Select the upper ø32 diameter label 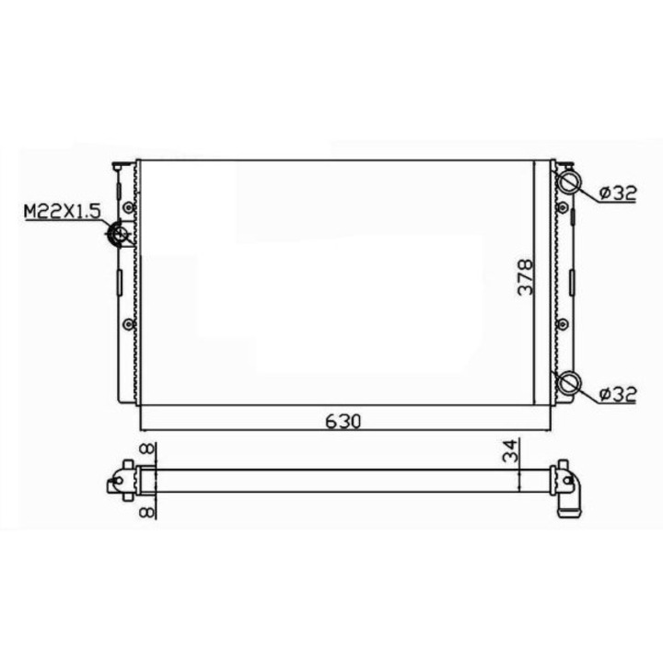click(617, 193)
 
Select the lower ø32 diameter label click(617, 394)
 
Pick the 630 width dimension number click(342, 421)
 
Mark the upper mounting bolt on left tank click(128, 208)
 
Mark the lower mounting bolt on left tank click(128, 323)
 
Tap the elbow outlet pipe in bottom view click(571, 497)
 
